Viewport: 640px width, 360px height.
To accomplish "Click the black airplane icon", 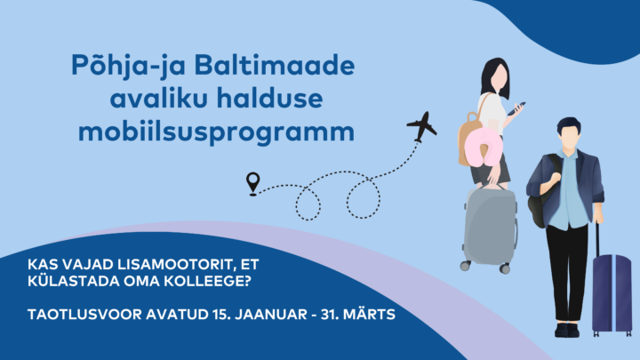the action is [x=422, y=126].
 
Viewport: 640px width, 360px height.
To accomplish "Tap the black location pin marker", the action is [x=253, y=184].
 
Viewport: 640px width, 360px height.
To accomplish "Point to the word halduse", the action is [x=270, y=99].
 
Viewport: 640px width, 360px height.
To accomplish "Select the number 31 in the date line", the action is [x=330, y=315].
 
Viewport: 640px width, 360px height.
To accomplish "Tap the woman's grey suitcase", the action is [x=490, y=228].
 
